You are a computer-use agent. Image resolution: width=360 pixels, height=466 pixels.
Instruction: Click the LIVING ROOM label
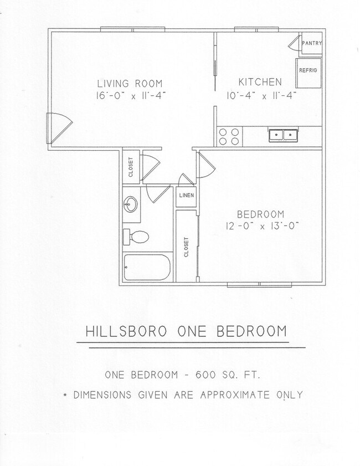121,83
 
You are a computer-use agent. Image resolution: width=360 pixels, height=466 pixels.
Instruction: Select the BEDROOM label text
260,214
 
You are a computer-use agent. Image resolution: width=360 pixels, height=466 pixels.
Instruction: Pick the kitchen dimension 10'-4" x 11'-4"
262,95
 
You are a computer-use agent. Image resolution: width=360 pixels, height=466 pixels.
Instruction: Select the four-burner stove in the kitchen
229,136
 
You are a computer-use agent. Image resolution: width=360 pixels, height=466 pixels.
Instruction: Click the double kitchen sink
282,135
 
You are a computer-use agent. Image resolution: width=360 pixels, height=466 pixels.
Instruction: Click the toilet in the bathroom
136,237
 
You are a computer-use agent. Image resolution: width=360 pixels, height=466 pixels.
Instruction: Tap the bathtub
147,268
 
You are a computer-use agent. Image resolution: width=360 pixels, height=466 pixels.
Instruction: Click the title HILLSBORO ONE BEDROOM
186,331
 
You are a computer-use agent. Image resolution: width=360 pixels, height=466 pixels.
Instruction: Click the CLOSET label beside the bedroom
187,247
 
